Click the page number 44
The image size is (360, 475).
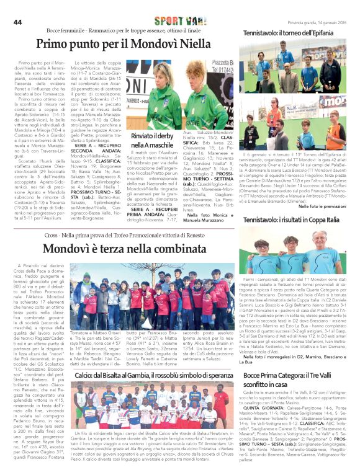pyautogui.click(x=17, y=22)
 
